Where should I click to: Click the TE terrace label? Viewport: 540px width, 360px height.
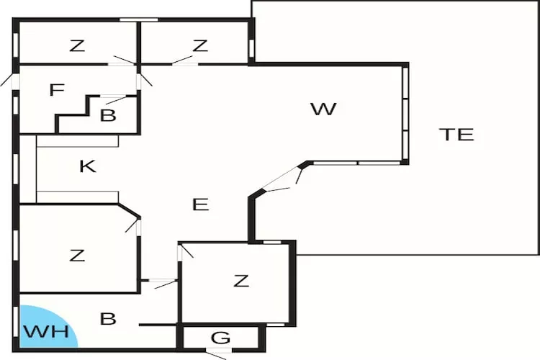coord(456,134)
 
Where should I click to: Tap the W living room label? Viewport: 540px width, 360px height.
coord(323,109)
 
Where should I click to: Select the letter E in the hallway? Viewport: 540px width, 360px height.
coord(200,204)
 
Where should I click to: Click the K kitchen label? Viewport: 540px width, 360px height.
coord(88,167)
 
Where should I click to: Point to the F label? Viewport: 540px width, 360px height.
coord(57,91)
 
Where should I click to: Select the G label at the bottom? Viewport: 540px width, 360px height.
coord(221,337)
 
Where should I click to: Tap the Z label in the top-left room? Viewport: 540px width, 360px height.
coord(77,46)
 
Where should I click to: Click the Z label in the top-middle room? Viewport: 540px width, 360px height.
coord(200,46)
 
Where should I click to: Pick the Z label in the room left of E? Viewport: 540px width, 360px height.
coord(77,255)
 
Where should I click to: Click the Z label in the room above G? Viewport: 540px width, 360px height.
coord(241,281)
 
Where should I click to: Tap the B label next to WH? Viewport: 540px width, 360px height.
coord(108,319)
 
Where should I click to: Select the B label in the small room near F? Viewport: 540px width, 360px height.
coord(108,115)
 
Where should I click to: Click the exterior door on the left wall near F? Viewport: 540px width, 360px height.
coord(14,79)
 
